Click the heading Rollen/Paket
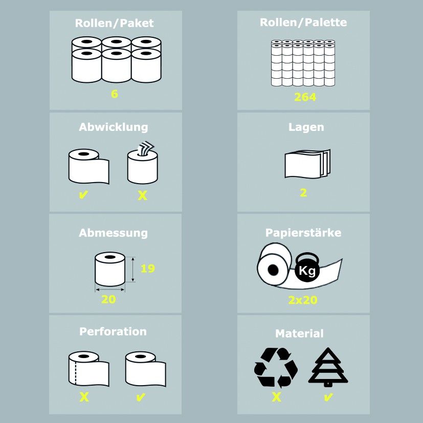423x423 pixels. point(115,23)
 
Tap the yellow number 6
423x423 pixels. point(115,94)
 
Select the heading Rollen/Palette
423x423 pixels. point(303,23)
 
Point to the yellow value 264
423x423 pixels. point(305,97)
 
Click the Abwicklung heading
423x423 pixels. point(114,127)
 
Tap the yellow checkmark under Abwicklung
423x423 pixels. point(83,194)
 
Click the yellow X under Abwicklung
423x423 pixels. point(142,195)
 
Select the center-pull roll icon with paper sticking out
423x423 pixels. point(143,163)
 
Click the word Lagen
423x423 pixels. point(306,127)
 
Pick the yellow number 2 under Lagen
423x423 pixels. point(303,193)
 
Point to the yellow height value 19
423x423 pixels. point(148,268)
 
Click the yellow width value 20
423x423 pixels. point(108,299)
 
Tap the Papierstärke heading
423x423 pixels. point(303,233)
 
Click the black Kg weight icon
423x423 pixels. point(307,268)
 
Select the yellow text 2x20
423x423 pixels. point(303,300)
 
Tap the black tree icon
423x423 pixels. point(328,367)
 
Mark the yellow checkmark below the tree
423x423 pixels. point(328,397)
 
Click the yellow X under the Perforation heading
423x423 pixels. point(84,397)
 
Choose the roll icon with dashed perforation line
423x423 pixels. point(89,369)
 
